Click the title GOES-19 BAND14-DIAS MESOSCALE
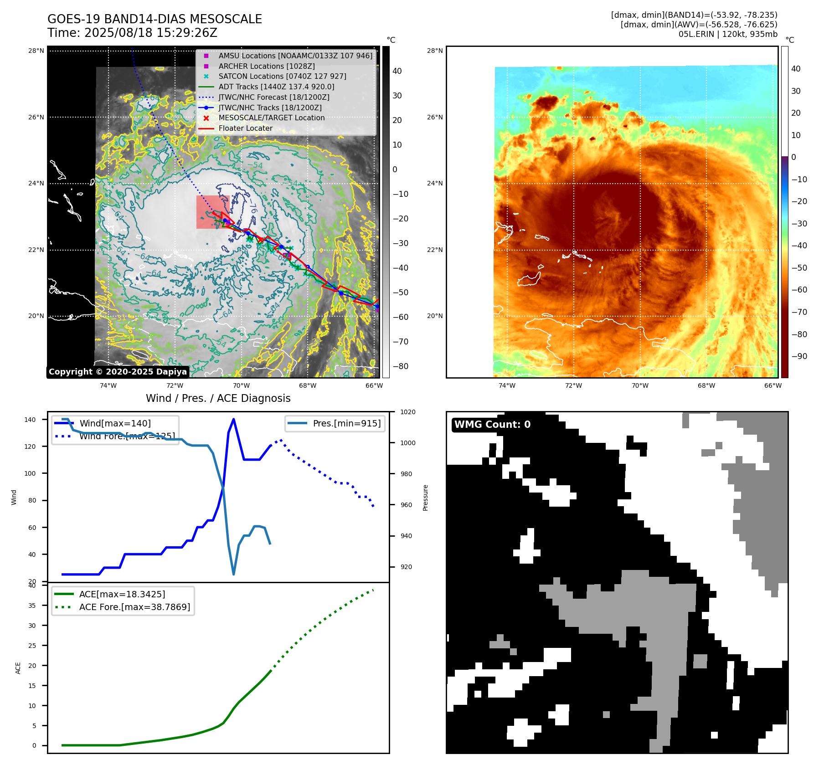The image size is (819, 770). pyautogui.click(x=155, y=19)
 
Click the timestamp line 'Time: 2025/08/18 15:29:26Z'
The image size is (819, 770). pyautogui.click(x=132, y=33)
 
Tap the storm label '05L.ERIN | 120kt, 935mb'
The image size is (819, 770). pyautogui.click(x=727, y=34)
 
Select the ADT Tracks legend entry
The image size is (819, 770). pyautogui.click(x=276, y=87)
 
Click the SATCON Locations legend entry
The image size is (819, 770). pyautogui.click(x=282, y=76)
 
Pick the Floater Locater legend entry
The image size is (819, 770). pyautogui.click(x=245, y=128)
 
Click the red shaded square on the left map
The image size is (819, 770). pyautogui.click(x=212, y=212)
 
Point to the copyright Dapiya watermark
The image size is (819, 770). pyautogui.click(x=118, y=372)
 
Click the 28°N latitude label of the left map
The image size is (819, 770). pyautogui.click(x=36, y=51)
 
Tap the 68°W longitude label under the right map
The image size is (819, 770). pyautogui.click(x=706, y=385)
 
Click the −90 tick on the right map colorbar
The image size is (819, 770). pyautogui.click(x=799, y=356)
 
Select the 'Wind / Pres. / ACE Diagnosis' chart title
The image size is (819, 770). pyautogui.click(x=218, y=398)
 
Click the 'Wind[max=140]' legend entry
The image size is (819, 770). pyautogui.click(x=115, y=423)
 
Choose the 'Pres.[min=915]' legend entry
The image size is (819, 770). pyautogui.click(x=346, y=423)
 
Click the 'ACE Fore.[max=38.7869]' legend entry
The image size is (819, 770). pyautogui.click(x=134, y=607)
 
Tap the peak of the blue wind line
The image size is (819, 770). pyautogui.click(x=233, y=419)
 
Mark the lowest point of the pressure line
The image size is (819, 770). pyautogui.click(x=233, y=574)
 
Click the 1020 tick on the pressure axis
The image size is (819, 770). pyautogui.click(x=407, y=412)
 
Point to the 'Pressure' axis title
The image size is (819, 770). pyautogui.click(x=425, y=498)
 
